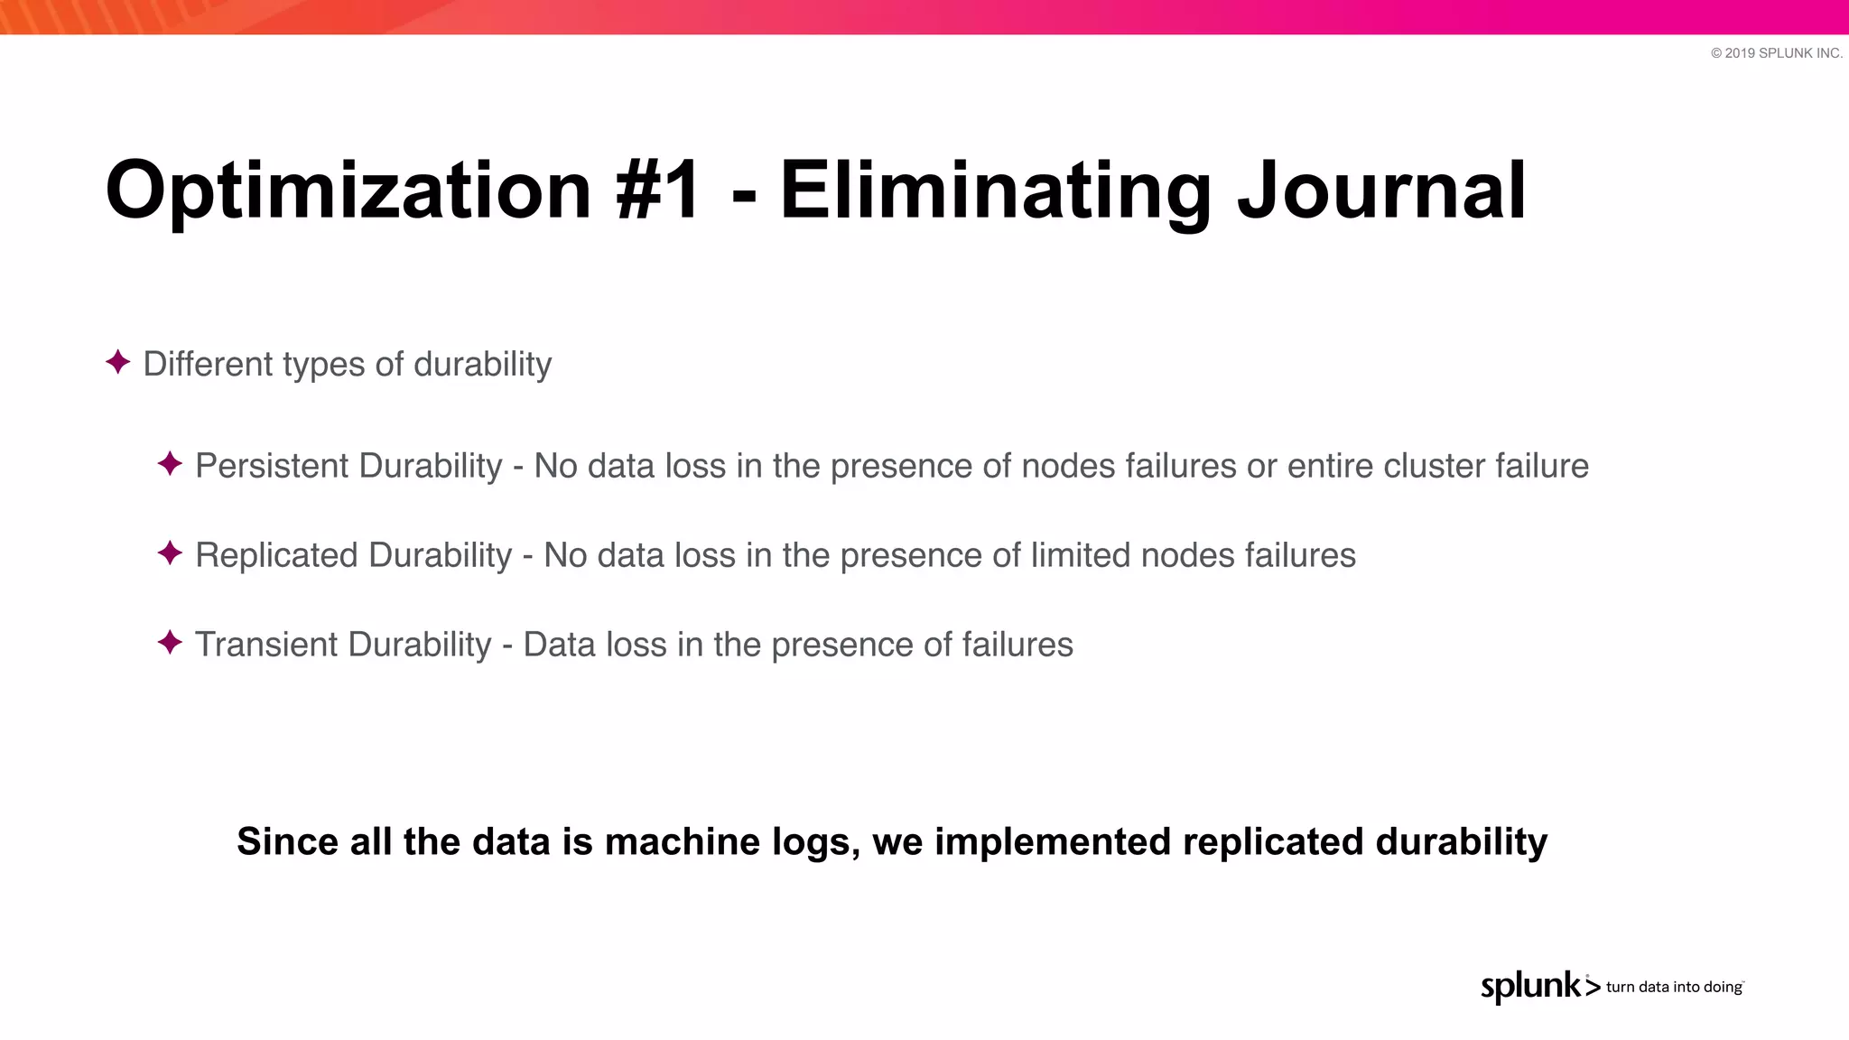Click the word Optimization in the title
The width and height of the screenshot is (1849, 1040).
tap(348, 191)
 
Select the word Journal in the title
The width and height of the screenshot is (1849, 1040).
tap(1381, 191)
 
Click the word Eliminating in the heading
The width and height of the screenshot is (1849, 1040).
tap(995, 191)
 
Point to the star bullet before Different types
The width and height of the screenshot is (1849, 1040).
tap(117, 363)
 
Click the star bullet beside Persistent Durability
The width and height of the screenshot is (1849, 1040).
tap(170, 464)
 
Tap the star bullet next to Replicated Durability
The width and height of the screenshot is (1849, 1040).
tap(170, 553)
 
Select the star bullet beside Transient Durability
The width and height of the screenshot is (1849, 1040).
tap(170, 643)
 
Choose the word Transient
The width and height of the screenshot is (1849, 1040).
tap(267, 645)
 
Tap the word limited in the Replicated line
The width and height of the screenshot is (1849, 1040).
tap(1081, 555)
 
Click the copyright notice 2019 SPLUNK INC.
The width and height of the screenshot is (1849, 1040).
tap(1776, 53)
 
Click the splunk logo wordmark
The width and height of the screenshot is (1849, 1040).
tap(1531, 986)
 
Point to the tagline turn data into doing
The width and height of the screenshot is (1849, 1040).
tap(1674, 987)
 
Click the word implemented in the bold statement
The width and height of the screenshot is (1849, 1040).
tap(1053, 841)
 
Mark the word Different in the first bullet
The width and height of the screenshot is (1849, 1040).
tap(208, 364)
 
